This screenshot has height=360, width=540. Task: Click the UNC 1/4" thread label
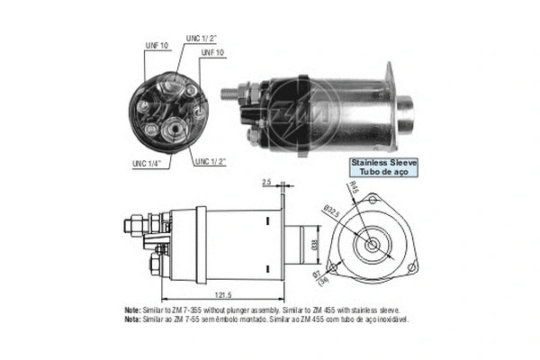tap(137, 162)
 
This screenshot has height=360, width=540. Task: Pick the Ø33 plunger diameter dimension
tap(314, 244)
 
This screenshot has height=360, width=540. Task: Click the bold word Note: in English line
tap(132, 309)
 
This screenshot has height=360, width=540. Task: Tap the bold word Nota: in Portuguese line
tap(132, 317)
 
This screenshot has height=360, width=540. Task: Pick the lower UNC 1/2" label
tap(209, 162)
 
